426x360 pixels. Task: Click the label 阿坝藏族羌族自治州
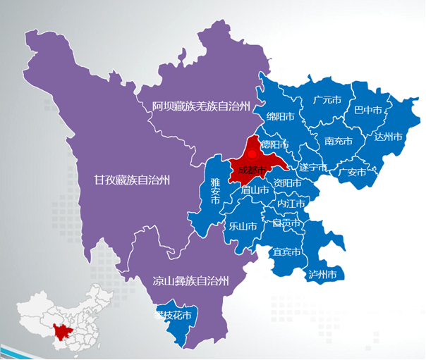tap(201, 107)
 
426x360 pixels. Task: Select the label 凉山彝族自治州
tap(191, 281)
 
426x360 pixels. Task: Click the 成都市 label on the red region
tap(252, 170)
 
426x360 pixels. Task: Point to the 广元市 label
tap(327, 100)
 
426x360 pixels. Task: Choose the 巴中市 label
tap(367, 111)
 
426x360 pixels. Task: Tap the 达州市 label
tap(388, 136)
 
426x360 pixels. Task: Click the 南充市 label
tap(338, 141)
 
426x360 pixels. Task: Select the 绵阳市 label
tap(281, 116)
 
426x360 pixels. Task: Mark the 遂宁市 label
tap(313, 168)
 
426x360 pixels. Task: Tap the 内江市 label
tap(291, 204)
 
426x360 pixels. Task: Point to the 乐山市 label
tap(243, 226)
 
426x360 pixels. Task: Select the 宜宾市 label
tap(287, 252)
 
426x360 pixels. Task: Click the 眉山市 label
tap(255, 190)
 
